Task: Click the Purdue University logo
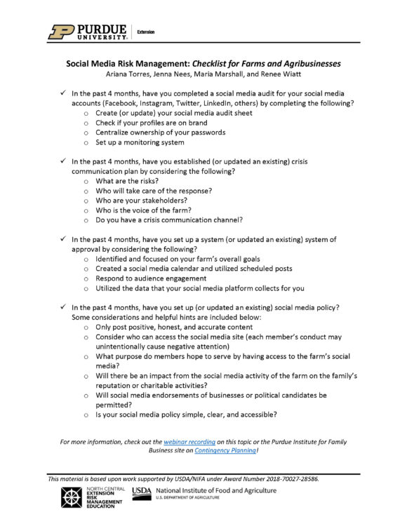pos(87,32)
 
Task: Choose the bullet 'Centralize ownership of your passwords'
pos(160,133)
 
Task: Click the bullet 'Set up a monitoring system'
pos(140,142)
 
